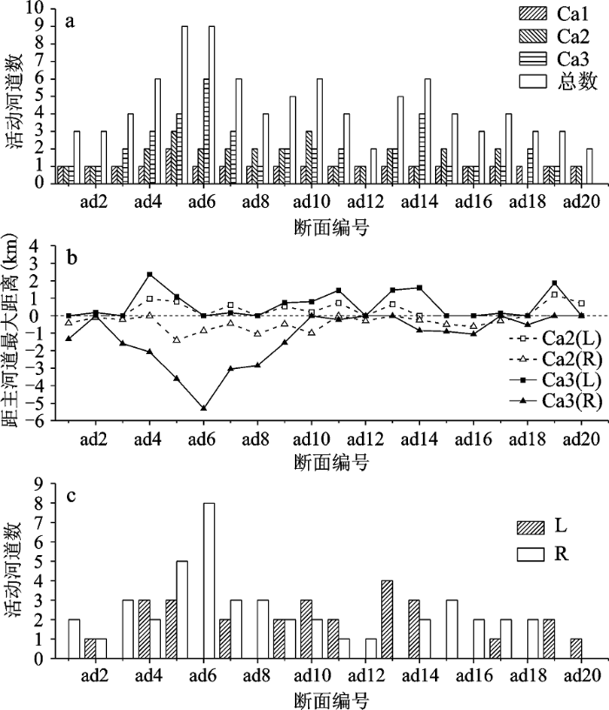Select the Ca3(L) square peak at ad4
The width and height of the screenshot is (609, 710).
point(150,275)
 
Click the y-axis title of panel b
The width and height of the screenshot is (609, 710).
point(12,333)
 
